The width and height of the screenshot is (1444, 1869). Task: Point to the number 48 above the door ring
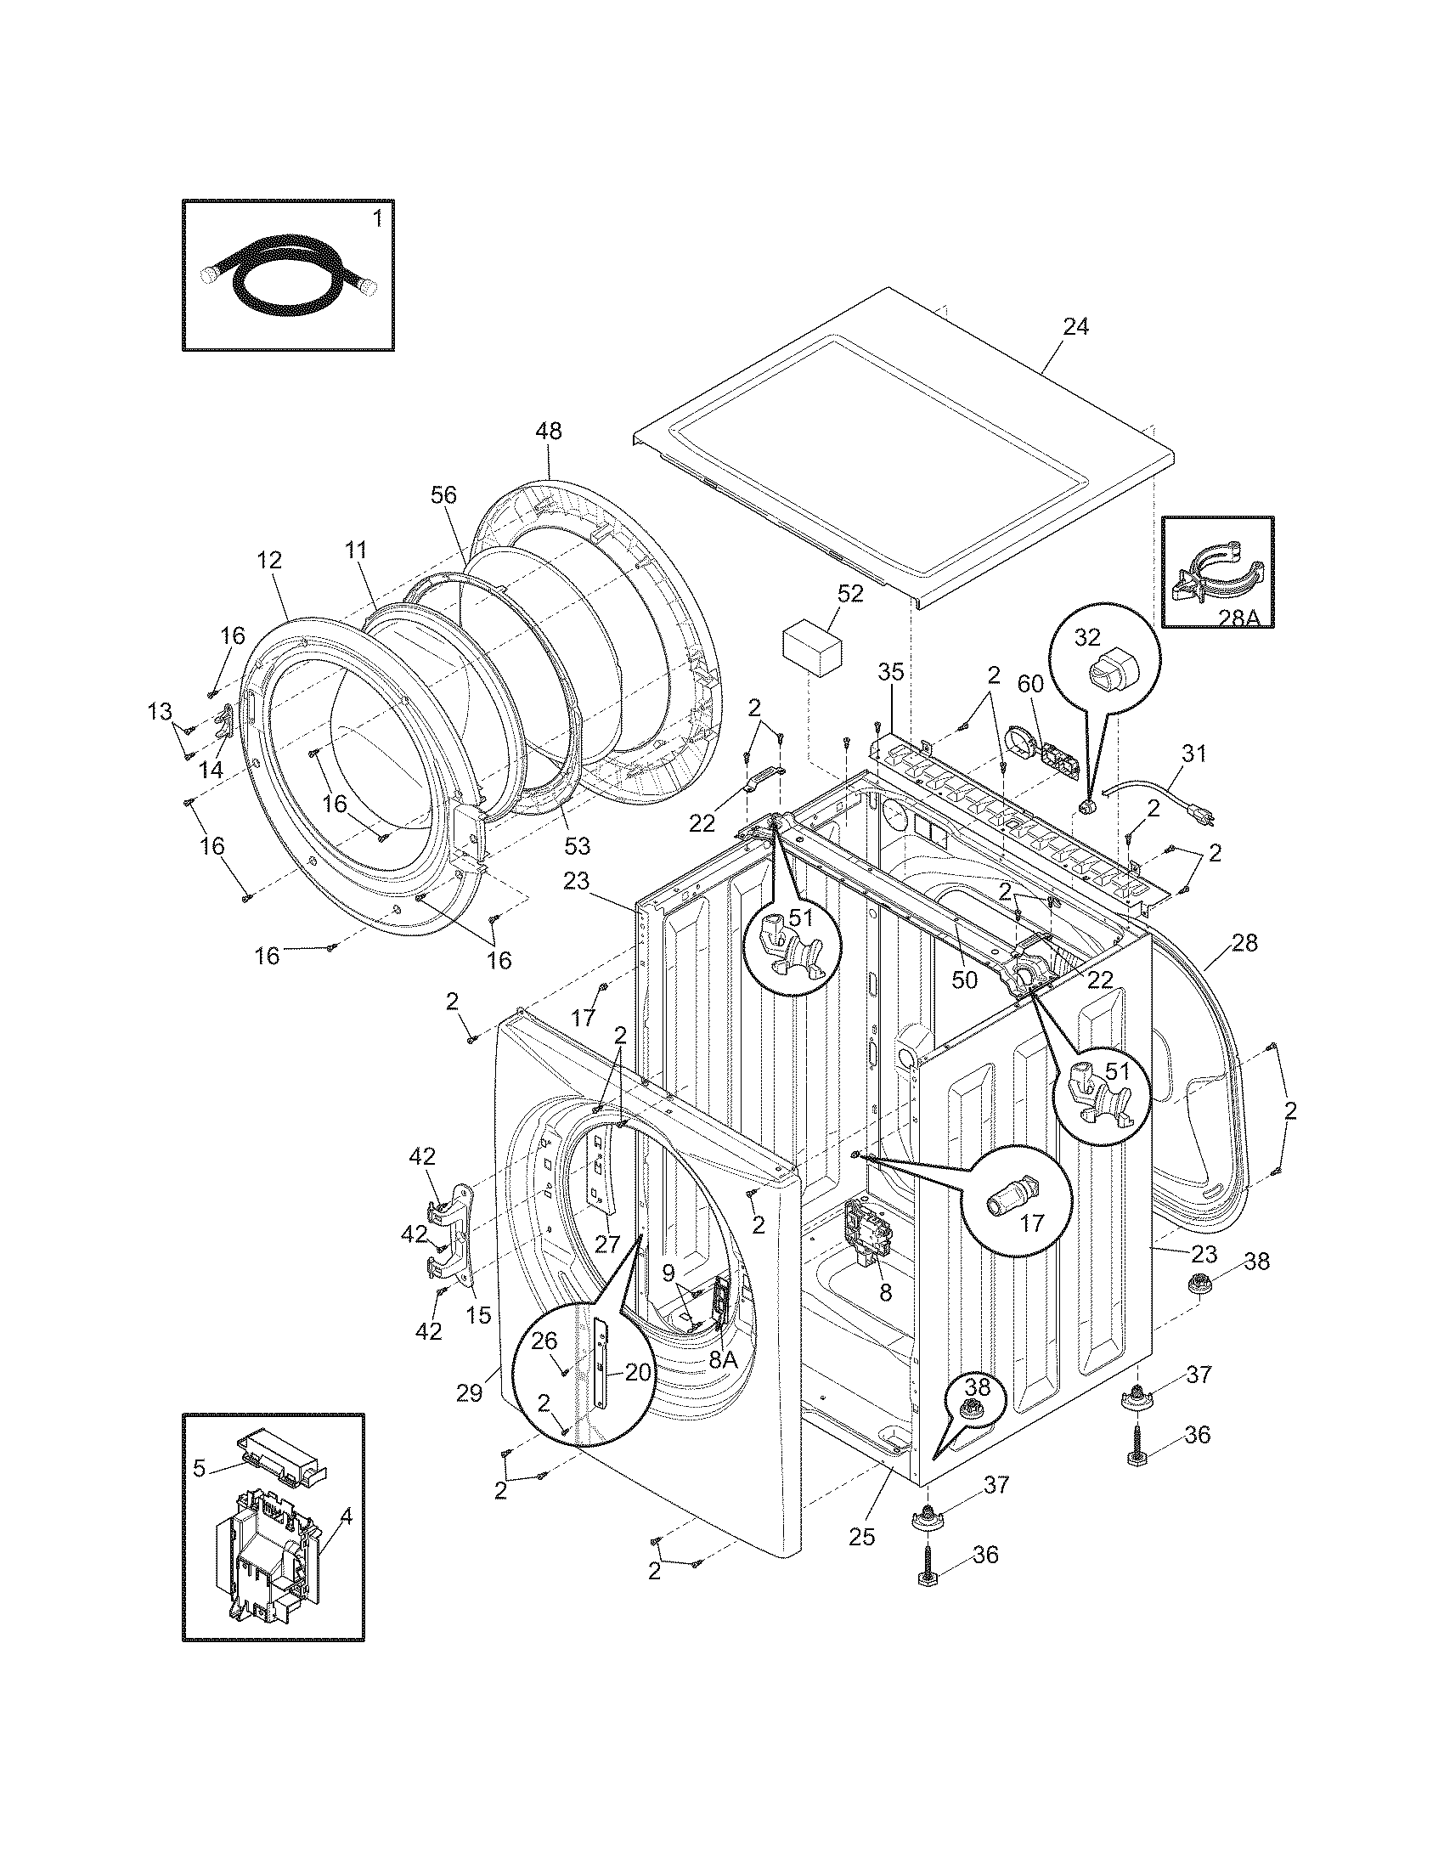[x=549, y=432]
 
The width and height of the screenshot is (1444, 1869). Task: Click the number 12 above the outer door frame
[x=268, y=561]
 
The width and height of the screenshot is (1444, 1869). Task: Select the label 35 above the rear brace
[x=890, y=672]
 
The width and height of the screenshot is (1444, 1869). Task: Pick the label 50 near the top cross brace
[x=964, y=980]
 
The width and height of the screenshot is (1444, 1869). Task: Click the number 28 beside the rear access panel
[x=1244, y=943]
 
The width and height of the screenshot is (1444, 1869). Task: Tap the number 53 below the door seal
[x=578, y=845]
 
